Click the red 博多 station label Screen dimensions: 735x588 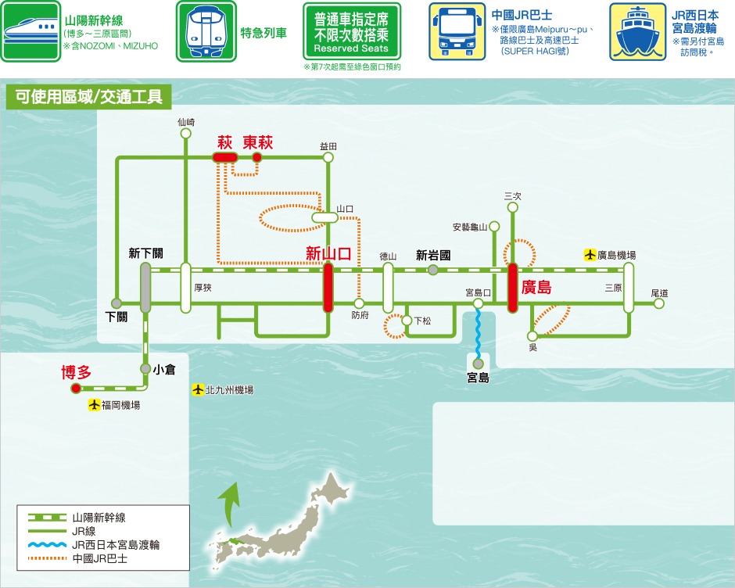click(76, 372)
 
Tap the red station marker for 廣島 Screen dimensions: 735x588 click(513, 288)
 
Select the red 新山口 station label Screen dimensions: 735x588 click(328, 253)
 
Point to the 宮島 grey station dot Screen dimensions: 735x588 click(478, 364)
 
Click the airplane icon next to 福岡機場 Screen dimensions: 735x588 click(94, 405)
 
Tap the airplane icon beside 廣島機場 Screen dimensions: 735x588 click(590, 255)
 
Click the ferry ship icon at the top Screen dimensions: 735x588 click(637, 31)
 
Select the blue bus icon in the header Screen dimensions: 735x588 click(457, 31)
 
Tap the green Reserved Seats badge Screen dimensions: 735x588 click(352, 31)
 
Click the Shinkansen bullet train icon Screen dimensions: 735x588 click(30, 31)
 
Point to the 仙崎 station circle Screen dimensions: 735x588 click(185, 134)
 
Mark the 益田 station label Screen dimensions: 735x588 click(328, 146)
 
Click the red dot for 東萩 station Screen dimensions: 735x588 click(257, 157)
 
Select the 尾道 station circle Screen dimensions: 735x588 click(659, 303)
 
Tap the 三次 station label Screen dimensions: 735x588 click(513, 196)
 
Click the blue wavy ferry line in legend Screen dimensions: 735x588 click(48, 544)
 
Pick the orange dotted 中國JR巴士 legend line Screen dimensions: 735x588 click(48, 558)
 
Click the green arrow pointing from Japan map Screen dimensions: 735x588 click(230, 505)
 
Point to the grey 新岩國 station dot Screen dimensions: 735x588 click(433, 270)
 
